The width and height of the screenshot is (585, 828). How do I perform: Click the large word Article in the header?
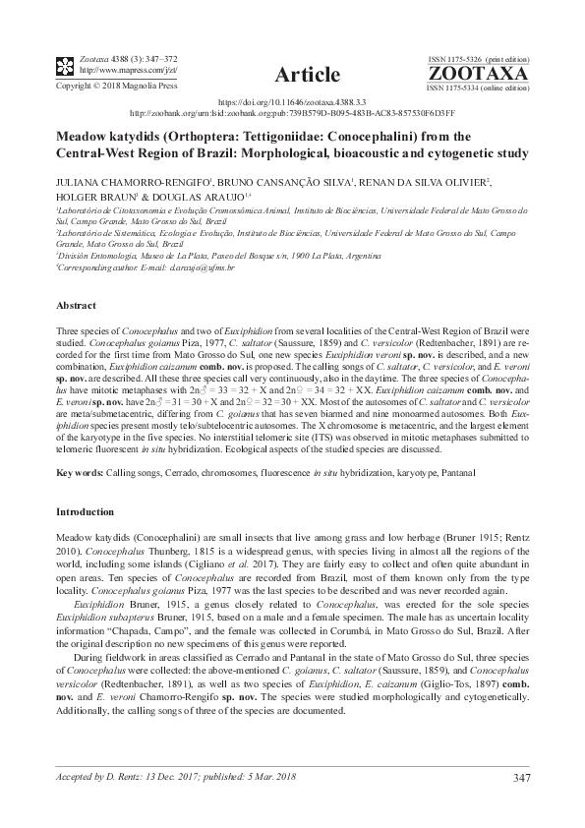coord(308,75)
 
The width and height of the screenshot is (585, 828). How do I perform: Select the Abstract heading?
coord(76,306)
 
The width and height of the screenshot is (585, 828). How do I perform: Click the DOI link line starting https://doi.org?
coord(292,102)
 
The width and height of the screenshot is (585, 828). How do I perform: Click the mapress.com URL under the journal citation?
coord(106,71)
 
